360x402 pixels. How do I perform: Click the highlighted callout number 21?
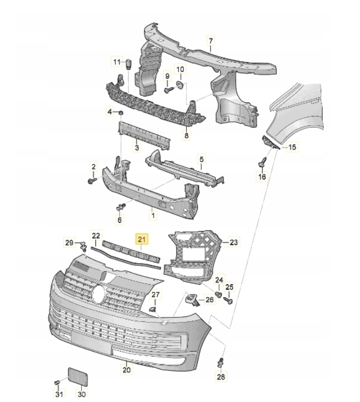(x=142, y=241)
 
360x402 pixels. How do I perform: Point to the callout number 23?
(x=233, y=242)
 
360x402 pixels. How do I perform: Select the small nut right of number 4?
(x=120, y=114)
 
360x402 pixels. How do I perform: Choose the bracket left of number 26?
(x=192, y=299)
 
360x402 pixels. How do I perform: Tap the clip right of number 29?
(x=84, y=245)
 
